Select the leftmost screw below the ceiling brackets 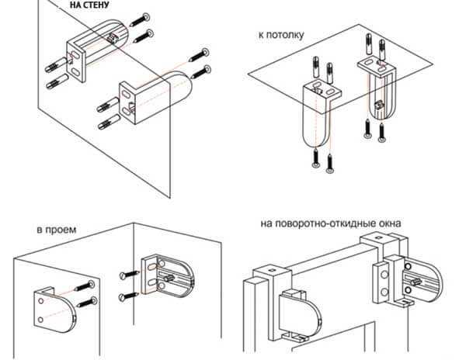(315, 159)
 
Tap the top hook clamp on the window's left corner (266, 272)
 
